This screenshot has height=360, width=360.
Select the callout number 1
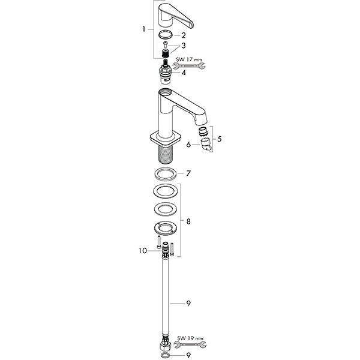(144, 29)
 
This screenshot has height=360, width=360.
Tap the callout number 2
(184, 35)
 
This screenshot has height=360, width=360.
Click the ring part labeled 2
(166, 35)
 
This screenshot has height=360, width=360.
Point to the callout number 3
(184, 46)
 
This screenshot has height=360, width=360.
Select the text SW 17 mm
(189, 59)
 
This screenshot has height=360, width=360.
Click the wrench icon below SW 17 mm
(189, 67)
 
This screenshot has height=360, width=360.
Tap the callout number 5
(220, 139)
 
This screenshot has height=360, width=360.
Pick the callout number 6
(188, 145)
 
